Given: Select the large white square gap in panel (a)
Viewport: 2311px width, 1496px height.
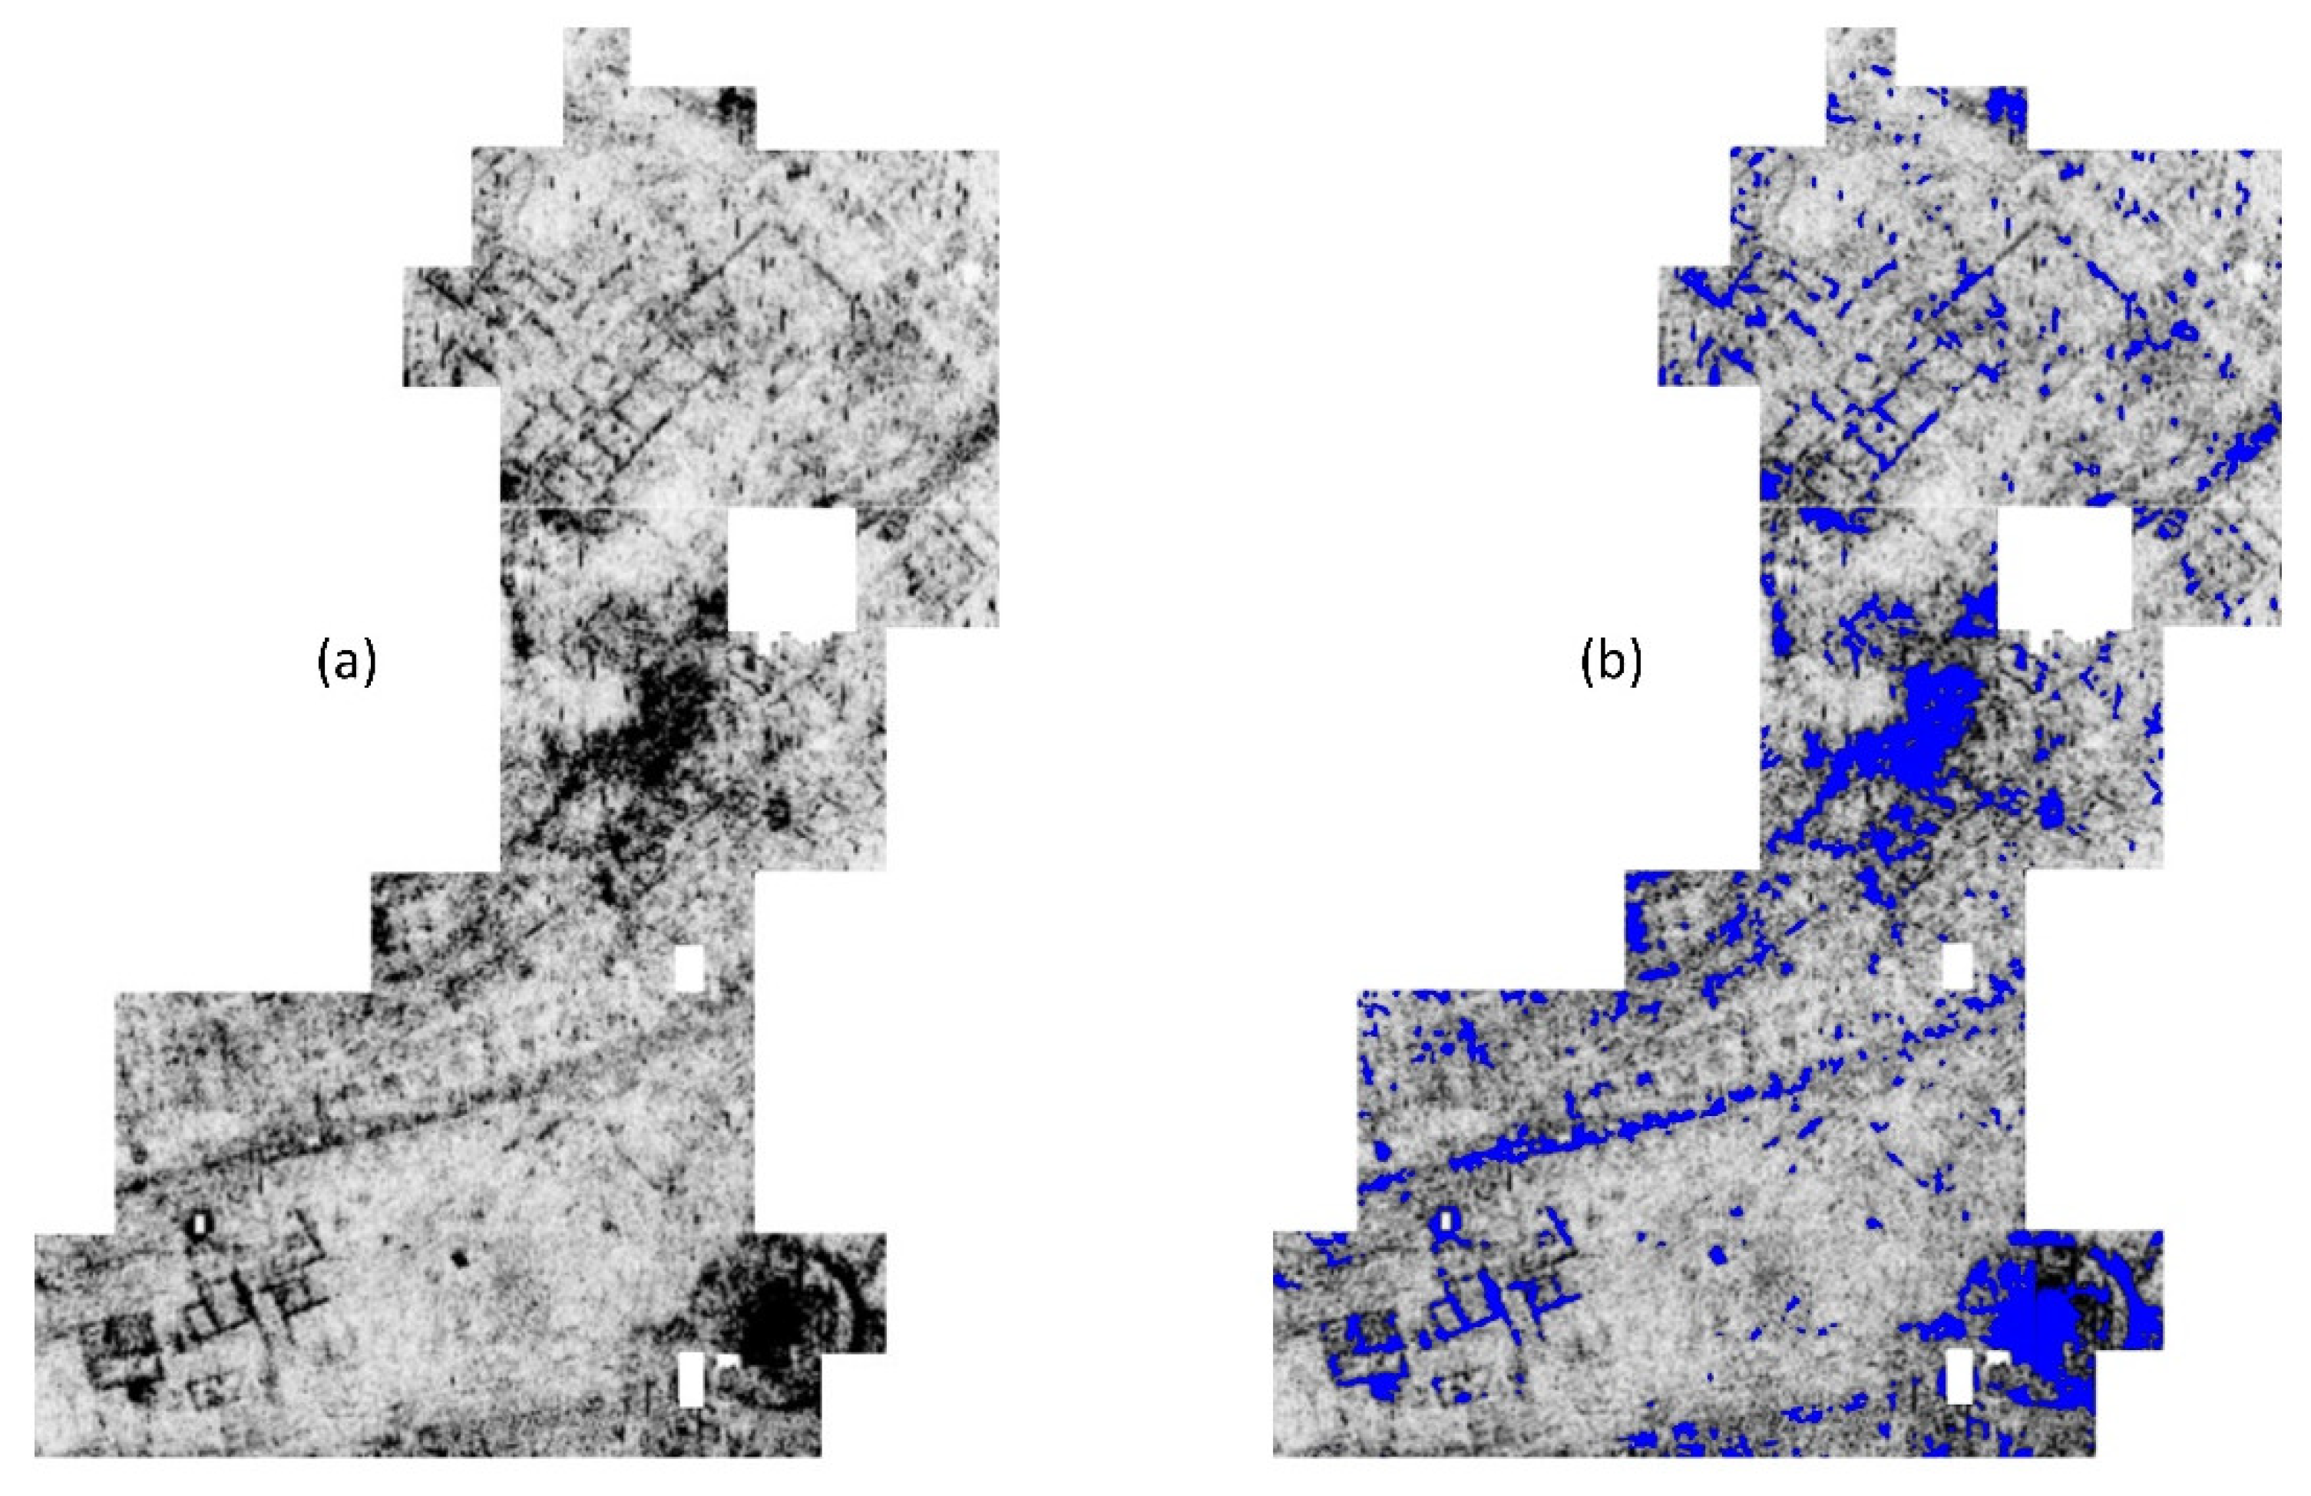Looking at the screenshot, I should point(792,570).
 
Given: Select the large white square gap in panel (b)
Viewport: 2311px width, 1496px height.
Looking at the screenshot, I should point(2064,570).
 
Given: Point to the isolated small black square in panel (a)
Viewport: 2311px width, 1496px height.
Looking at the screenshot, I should point(459,1259).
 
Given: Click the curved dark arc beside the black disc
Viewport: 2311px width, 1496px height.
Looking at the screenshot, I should point(855,1306).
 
